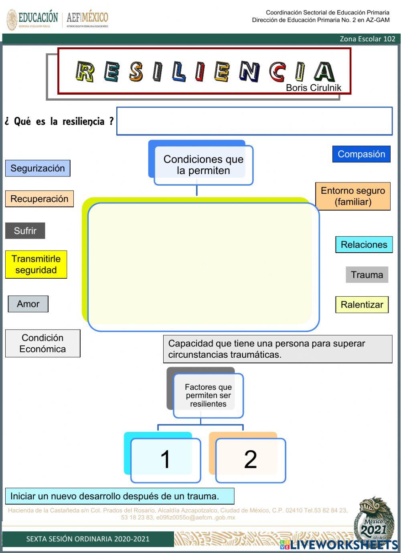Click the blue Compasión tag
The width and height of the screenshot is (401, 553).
tap(361, 154)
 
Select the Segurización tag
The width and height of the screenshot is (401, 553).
tap(38, 168)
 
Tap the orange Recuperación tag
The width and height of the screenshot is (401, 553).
tap(39, 199)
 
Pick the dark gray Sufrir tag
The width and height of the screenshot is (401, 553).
tap(25, 231)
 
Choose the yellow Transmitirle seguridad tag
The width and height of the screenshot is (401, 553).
tap(36, 264)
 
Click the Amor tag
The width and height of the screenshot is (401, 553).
tap(28, 304)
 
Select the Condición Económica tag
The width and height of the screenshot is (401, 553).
tap(43, 343)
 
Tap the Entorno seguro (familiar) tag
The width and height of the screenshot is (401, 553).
tap(353, 196)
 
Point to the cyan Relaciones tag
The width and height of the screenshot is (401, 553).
tap(364, 245)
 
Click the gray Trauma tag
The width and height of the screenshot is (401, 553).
tap(367, 275)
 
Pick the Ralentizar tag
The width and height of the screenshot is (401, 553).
tap(362, 305)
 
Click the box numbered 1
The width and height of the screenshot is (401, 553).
tap(165, 459)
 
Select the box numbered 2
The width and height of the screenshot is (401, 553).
tap(250, 459)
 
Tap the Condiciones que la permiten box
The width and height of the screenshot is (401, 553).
tap(203, 164)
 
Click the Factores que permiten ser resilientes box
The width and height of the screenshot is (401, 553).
tap(208, 395)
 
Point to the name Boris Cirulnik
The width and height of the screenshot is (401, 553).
tap(313, 88)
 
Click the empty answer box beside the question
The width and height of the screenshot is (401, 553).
tap(254, 121)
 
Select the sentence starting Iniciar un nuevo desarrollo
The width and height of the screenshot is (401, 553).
tap(119, 496)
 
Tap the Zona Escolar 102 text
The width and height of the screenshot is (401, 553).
tap(367, 39)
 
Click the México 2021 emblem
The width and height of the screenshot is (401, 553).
tap(374, 521)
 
